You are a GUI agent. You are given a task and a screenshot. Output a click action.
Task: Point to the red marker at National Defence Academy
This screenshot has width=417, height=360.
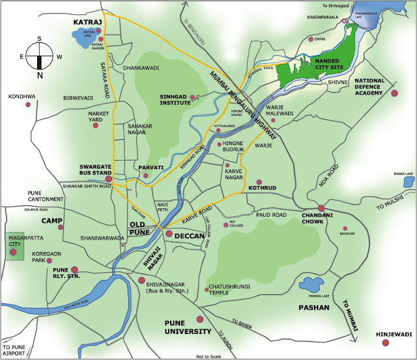pos(394,94)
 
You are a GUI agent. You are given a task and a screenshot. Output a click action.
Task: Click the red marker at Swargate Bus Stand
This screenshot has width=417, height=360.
pos(109,178)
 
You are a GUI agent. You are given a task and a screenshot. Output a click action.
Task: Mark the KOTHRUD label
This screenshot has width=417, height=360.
pos(263,188)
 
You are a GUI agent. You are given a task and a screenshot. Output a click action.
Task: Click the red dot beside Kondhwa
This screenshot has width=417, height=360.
pos(27,104)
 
